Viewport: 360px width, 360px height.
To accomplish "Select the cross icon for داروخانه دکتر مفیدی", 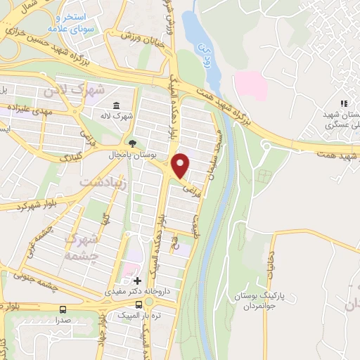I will point(138,281).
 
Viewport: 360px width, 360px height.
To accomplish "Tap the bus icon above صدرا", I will point(63,309).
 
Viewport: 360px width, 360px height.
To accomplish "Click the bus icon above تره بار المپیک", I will point(139,304).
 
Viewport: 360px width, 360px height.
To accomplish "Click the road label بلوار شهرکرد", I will point(28,205).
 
